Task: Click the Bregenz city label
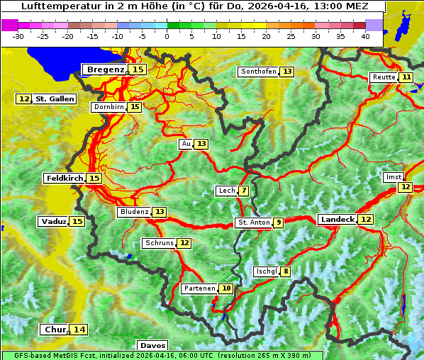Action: click(x=105, y=69)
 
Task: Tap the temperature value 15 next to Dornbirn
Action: click(x=135, y=107)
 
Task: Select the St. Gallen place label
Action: click(x=55, y=99)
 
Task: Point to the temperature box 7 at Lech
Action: click(x=244, y=191)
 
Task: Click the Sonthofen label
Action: click(x=259, y=72)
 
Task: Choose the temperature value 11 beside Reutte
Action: click(x=406, y=77)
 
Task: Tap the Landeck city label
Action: click(x=337, y=220)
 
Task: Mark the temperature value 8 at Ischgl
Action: click(x=285, y=271)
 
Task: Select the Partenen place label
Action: click(x=198, y=288)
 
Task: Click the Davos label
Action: click(x=152, y=345)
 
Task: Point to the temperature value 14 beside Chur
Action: click(x=79, y=330)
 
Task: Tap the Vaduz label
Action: click(x=54, y=221)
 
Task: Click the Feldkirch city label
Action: click(x=65, y=179)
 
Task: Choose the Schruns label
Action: click(x=159, y=243)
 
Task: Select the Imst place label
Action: click(x=392, y=177)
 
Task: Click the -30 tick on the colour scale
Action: click(x=18, y=36)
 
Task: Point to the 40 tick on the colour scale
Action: click(x=365, y=36)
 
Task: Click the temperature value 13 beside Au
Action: click(x=202, y=144)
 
